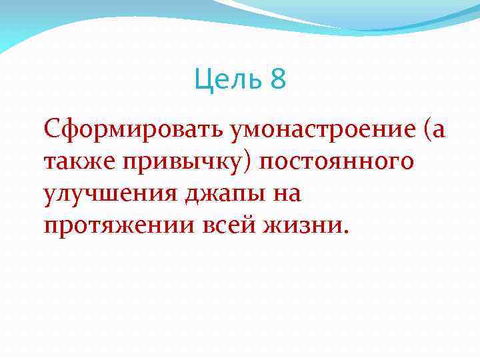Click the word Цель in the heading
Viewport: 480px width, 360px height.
(x=229, y=81)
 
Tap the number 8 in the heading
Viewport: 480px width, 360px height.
(x=279, y=81)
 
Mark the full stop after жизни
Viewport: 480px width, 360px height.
(x=345, y=234)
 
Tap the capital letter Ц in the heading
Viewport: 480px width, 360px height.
(x=202, y=81)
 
